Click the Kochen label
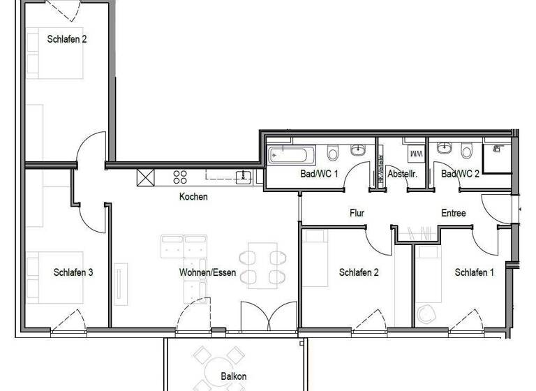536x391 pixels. click(x=193, y=197)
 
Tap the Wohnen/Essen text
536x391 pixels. click(x=207, y=272)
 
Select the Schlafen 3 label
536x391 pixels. click(x=73, y=272)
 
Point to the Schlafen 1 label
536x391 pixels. click(x=474, y=272)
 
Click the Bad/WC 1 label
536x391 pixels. click(x=319, y=174)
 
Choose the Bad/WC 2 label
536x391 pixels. click(x=460, y=174)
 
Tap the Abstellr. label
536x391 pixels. click(x=402, y=174)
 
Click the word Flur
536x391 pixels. click(x=357, y=214)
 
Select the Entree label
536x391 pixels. click(x=453, y=214)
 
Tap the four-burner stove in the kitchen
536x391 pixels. click(x=180, y=177)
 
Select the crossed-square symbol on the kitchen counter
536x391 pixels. click(x=145, y=177)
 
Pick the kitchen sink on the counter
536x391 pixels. click(x=243, y=177)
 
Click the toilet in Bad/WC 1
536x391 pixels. click(x=334, y=152)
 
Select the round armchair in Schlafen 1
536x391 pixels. click(x=426, y=314)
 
